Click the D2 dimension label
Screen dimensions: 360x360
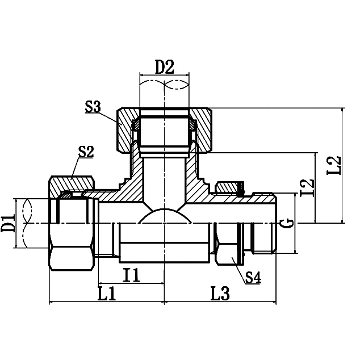click(x=165, y=67)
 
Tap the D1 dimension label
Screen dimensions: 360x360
click(x=7, y=223)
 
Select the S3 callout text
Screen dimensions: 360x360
click(x=93, y=107)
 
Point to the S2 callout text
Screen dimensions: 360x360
click(x=86, y=152)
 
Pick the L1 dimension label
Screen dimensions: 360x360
click(x=107, y=293)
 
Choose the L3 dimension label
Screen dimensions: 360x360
click(x=220, y=293)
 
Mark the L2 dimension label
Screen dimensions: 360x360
click(x=334, y=165)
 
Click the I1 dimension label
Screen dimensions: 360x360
click(x=131, y=275)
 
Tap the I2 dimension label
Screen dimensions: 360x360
click(x=307, y=188)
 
